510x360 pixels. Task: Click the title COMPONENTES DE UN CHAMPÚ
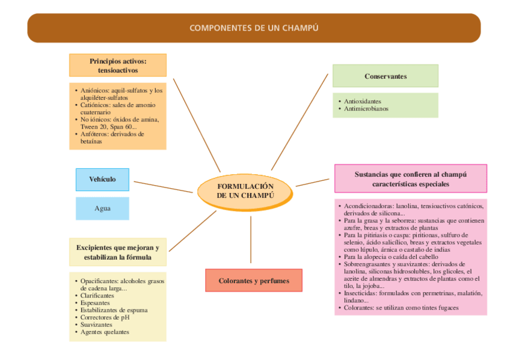(x=254, y=28)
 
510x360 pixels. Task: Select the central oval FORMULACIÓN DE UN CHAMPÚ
(x=245, y=191)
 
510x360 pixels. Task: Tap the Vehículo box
(x=102, y=180)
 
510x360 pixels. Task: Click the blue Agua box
(x=102, y=209)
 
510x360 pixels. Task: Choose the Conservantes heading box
(x=386, y=76)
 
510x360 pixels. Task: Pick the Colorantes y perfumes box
(x=254, y=281)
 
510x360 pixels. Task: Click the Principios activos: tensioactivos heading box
(x=118, y=66)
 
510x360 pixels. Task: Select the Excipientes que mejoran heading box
(x=118, y=252)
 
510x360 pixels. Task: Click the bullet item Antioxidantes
(x=363, y=102)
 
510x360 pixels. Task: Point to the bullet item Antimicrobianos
(x=366, y=109)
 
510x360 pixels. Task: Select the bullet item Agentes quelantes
(x=105, y=332)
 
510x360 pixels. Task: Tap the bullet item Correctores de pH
(x=105, y=317)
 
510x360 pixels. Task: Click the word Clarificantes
(x=97, y=296)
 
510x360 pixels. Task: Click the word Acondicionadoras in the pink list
(x=369, y=206)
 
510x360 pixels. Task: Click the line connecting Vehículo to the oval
(x=162, y=186)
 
